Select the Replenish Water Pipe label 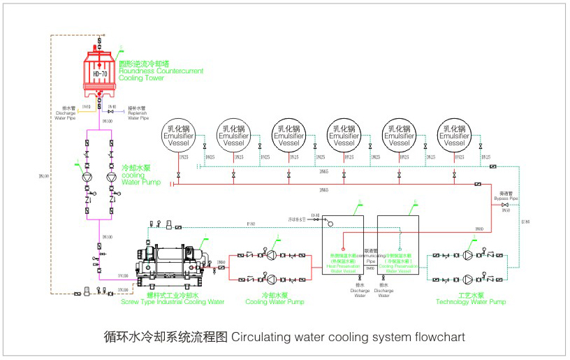click(x=138, y=113)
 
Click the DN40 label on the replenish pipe click(x=112, y=106)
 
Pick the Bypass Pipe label click(x=509, y=196)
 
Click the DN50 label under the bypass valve click(x=506, y=210)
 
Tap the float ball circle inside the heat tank click(x=330, y=224)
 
